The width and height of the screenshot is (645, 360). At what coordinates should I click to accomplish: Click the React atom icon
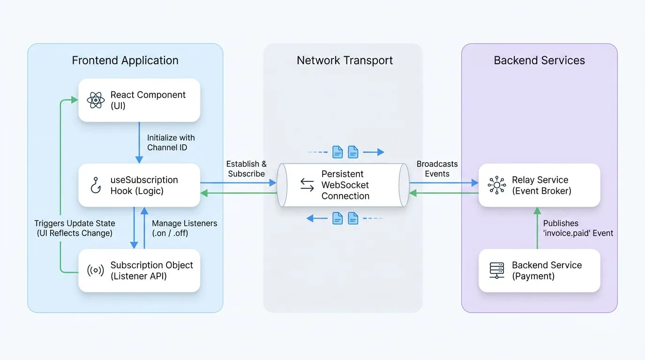(x=96, y=100)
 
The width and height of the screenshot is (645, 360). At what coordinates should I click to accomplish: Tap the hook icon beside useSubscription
(x=96, y=185)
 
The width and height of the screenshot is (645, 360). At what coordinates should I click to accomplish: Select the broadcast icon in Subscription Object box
(x=96, y=270)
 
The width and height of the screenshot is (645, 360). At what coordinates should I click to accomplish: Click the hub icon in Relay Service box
(x=497, y=185)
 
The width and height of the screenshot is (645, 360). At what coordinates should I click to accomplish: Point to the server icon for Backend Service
(x=497, y=270)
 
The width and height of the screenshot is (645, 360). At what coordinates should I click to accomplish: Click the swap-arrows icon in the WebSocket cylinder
(x=307, y=185)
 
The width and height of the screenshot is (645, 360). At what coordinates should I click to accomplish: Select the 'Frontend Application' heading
(x=125, y=60)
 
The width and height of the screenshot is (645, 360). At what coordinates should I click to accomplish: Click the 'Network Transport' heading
(x=345, y=60)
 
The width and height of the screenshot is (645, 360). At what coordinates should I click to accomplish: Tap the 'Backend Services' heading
(x=540, y=60)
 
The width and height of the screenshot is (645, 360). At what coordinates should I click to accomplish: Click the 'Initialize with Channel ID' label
(x=171, y=142)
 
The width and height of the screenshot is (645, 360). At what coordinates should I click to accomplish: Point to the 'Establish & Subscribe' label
(x=247, y=169)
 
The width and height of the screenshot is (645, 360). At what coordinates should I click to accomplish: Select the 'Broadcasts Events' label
(x=437, y=169)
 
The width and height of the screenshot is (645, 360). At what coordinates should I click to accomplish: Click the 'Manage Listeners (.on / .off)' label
(x=185, y=228)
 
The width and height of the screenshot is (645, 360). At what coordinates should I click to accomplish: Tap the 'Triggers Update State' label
(x=75, y=223)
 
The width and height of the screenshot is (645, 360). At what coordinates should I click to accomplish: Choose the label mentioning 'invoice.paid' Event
(x=578, y=228)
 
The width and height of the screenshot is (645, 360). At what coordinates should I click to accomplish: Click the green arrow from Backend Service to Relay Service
(x=537, y=228)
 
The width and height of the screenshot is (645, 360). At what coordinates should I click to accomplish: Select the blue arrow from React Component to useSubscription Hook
(x=139, y=142)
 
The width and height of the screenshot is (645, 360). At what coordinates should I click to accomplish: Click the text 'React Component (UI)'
(x=148, y=100)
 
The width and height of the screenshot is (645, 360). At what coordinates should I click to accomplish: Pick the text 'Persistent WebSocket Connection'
(x=345, y=185)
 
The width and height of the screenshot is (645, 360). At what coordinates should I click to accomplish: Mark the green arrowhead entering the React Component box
(x=75, y=100)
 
